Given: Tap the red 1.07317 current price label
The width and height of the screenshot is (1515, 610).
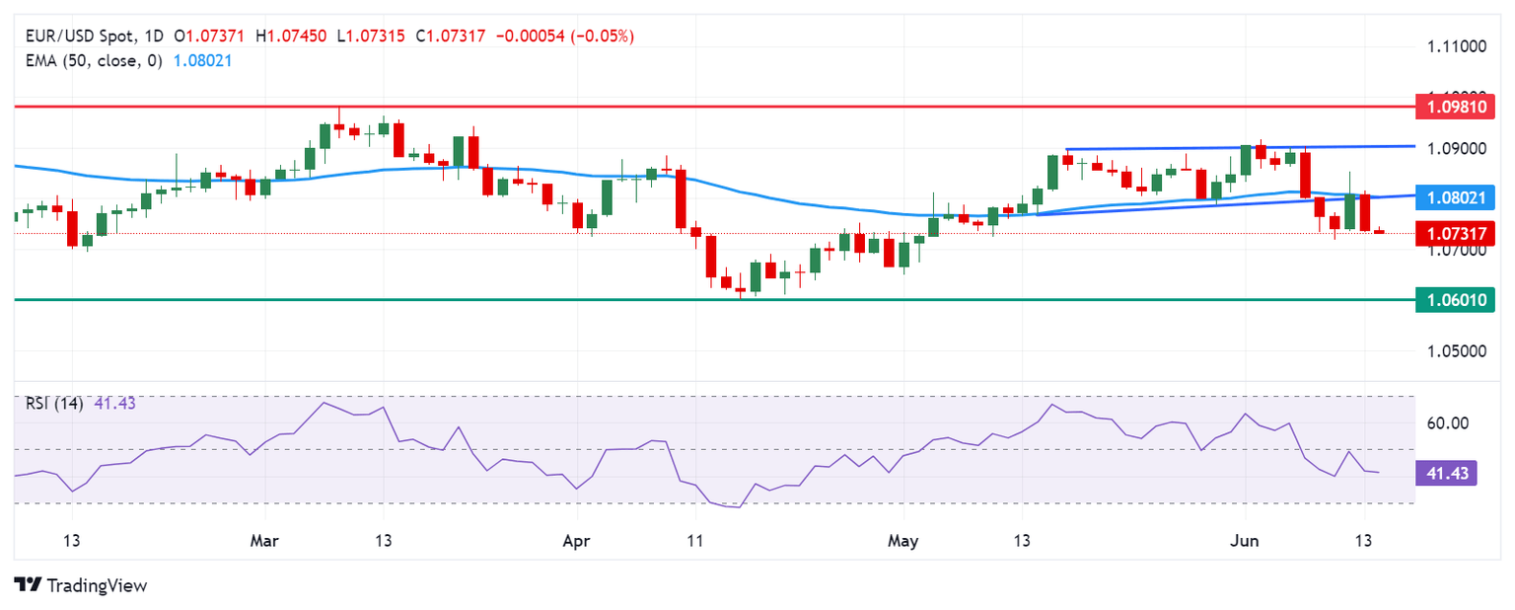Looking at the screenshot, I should [x=1454, y=233].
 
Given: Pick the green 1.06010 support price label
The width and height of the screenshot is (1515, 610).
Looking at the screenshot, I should [x=1454, y=299].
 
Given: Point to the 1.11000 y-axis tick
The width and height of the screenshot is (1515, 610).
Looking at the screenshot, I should [x=1457, y=46].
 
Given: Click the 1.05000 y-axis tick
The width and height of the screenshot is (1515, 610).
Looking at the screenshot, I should [x=1457, y=351].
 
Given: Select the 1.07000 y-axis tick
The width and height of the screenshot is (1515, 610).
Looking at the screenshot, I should [x=1457, y=251].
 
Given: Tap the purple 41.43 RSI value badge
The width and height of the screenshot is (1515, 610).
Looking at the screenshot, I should [x=1447, y=474].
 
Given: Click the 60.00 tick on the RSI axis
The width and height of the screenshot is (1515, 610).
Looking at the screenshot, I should [x=1448, y=423].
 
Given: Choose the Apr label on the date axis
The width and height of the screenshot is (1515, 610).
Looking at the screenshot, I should [x=576, y=541].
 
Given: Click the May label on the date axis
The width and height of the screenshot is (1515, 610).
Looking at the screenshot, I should [x=902, y=541].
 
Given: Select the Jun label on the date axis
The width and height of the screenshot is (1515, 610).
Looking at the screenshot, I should [x=1244, y=541].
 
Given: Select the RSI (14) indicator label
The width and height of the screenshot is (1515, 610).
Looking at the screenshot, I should [x=53, y=403].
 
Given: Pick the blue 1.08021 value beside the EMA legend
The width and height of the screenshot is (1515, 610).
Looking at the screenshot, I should [x=202, y=60].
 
